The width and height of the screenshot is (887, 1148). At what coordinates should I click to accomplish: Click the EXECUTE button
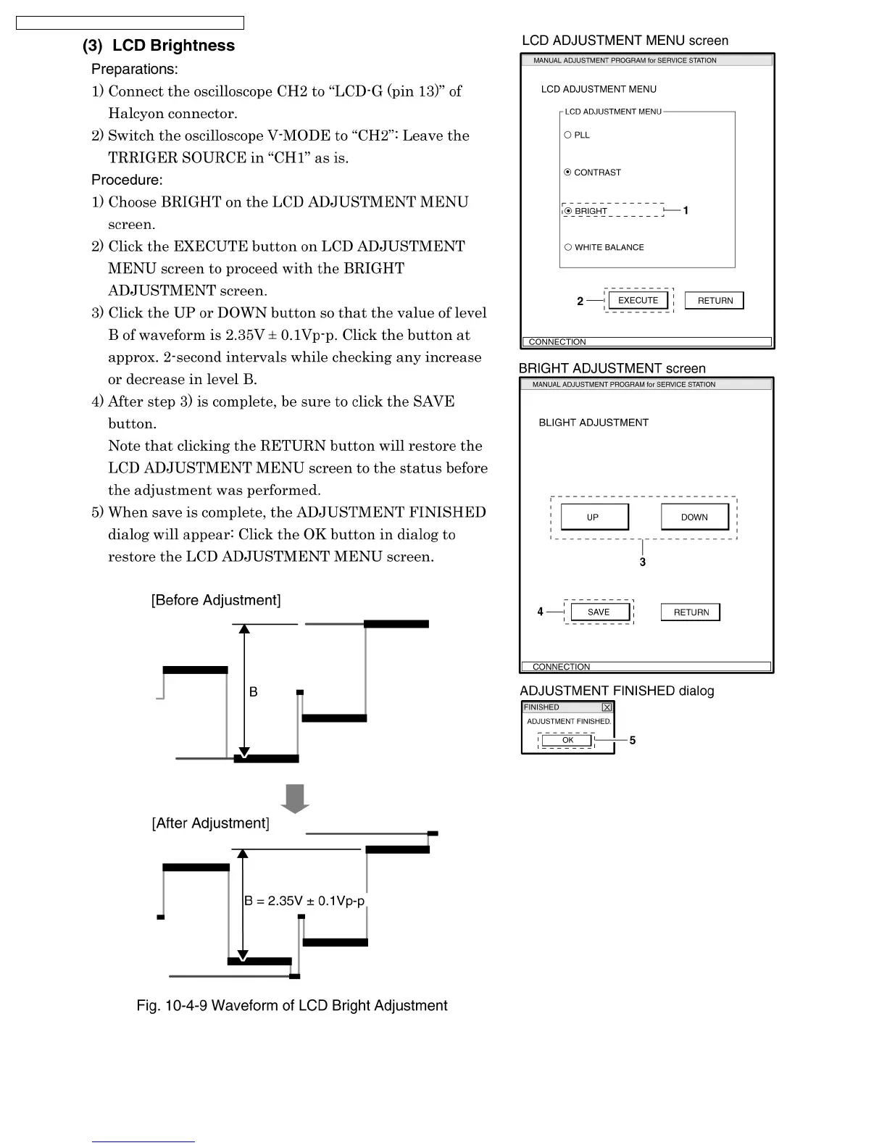(x=638, y=300)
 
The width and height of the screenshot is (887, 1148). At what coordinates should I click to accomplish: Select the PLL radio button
(x=568, y=135)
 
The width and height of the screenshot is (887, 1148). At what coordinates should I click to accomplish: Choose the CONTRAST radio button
(x=568, y=172)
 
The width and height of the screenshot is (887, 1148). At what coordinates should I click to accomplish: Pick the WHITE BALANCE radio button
(x=568, y=247)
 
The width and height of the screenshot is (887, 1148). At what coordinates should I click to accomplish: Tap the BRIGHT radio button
(x=569, y=211)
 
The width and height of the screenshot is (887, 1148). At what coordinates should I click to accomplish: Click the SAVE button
(x=599, y=612)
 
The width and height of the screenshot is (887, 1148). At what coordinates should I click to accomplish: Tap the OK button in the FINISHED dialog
(x=567, y=740)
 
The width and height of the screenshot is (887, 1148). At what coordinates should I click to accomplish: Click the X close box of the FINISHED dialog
(x=607, y=707)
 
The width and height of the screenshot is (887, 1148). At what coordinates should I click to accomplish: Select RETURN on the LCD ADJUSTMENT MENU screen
(x=715, y=301)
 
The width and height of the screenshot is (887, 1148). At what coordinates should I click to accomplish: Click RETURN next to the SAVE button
(x=691, y=612)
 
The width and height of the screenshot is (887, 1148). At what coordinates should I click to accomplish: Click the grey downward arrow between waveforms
(x=294, y=798)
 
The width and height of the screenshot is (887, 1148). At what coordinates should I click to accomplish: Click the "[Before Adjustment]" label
(x=216, y=600)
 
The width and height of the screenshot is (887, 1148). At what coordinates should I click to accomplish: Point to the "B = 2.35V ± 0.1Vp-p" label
(x=304, y=901)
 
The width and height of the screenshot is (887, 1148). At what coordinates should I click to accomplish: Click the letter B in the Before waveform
(x=254, y=692)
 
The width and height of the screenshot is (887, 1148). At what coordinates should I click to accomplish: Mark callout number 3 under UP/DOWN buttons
(x=643, y=562)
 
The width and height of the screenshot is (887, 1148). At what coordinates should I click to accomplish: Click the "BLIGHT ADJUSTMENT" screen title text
(x=594, y=423)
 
